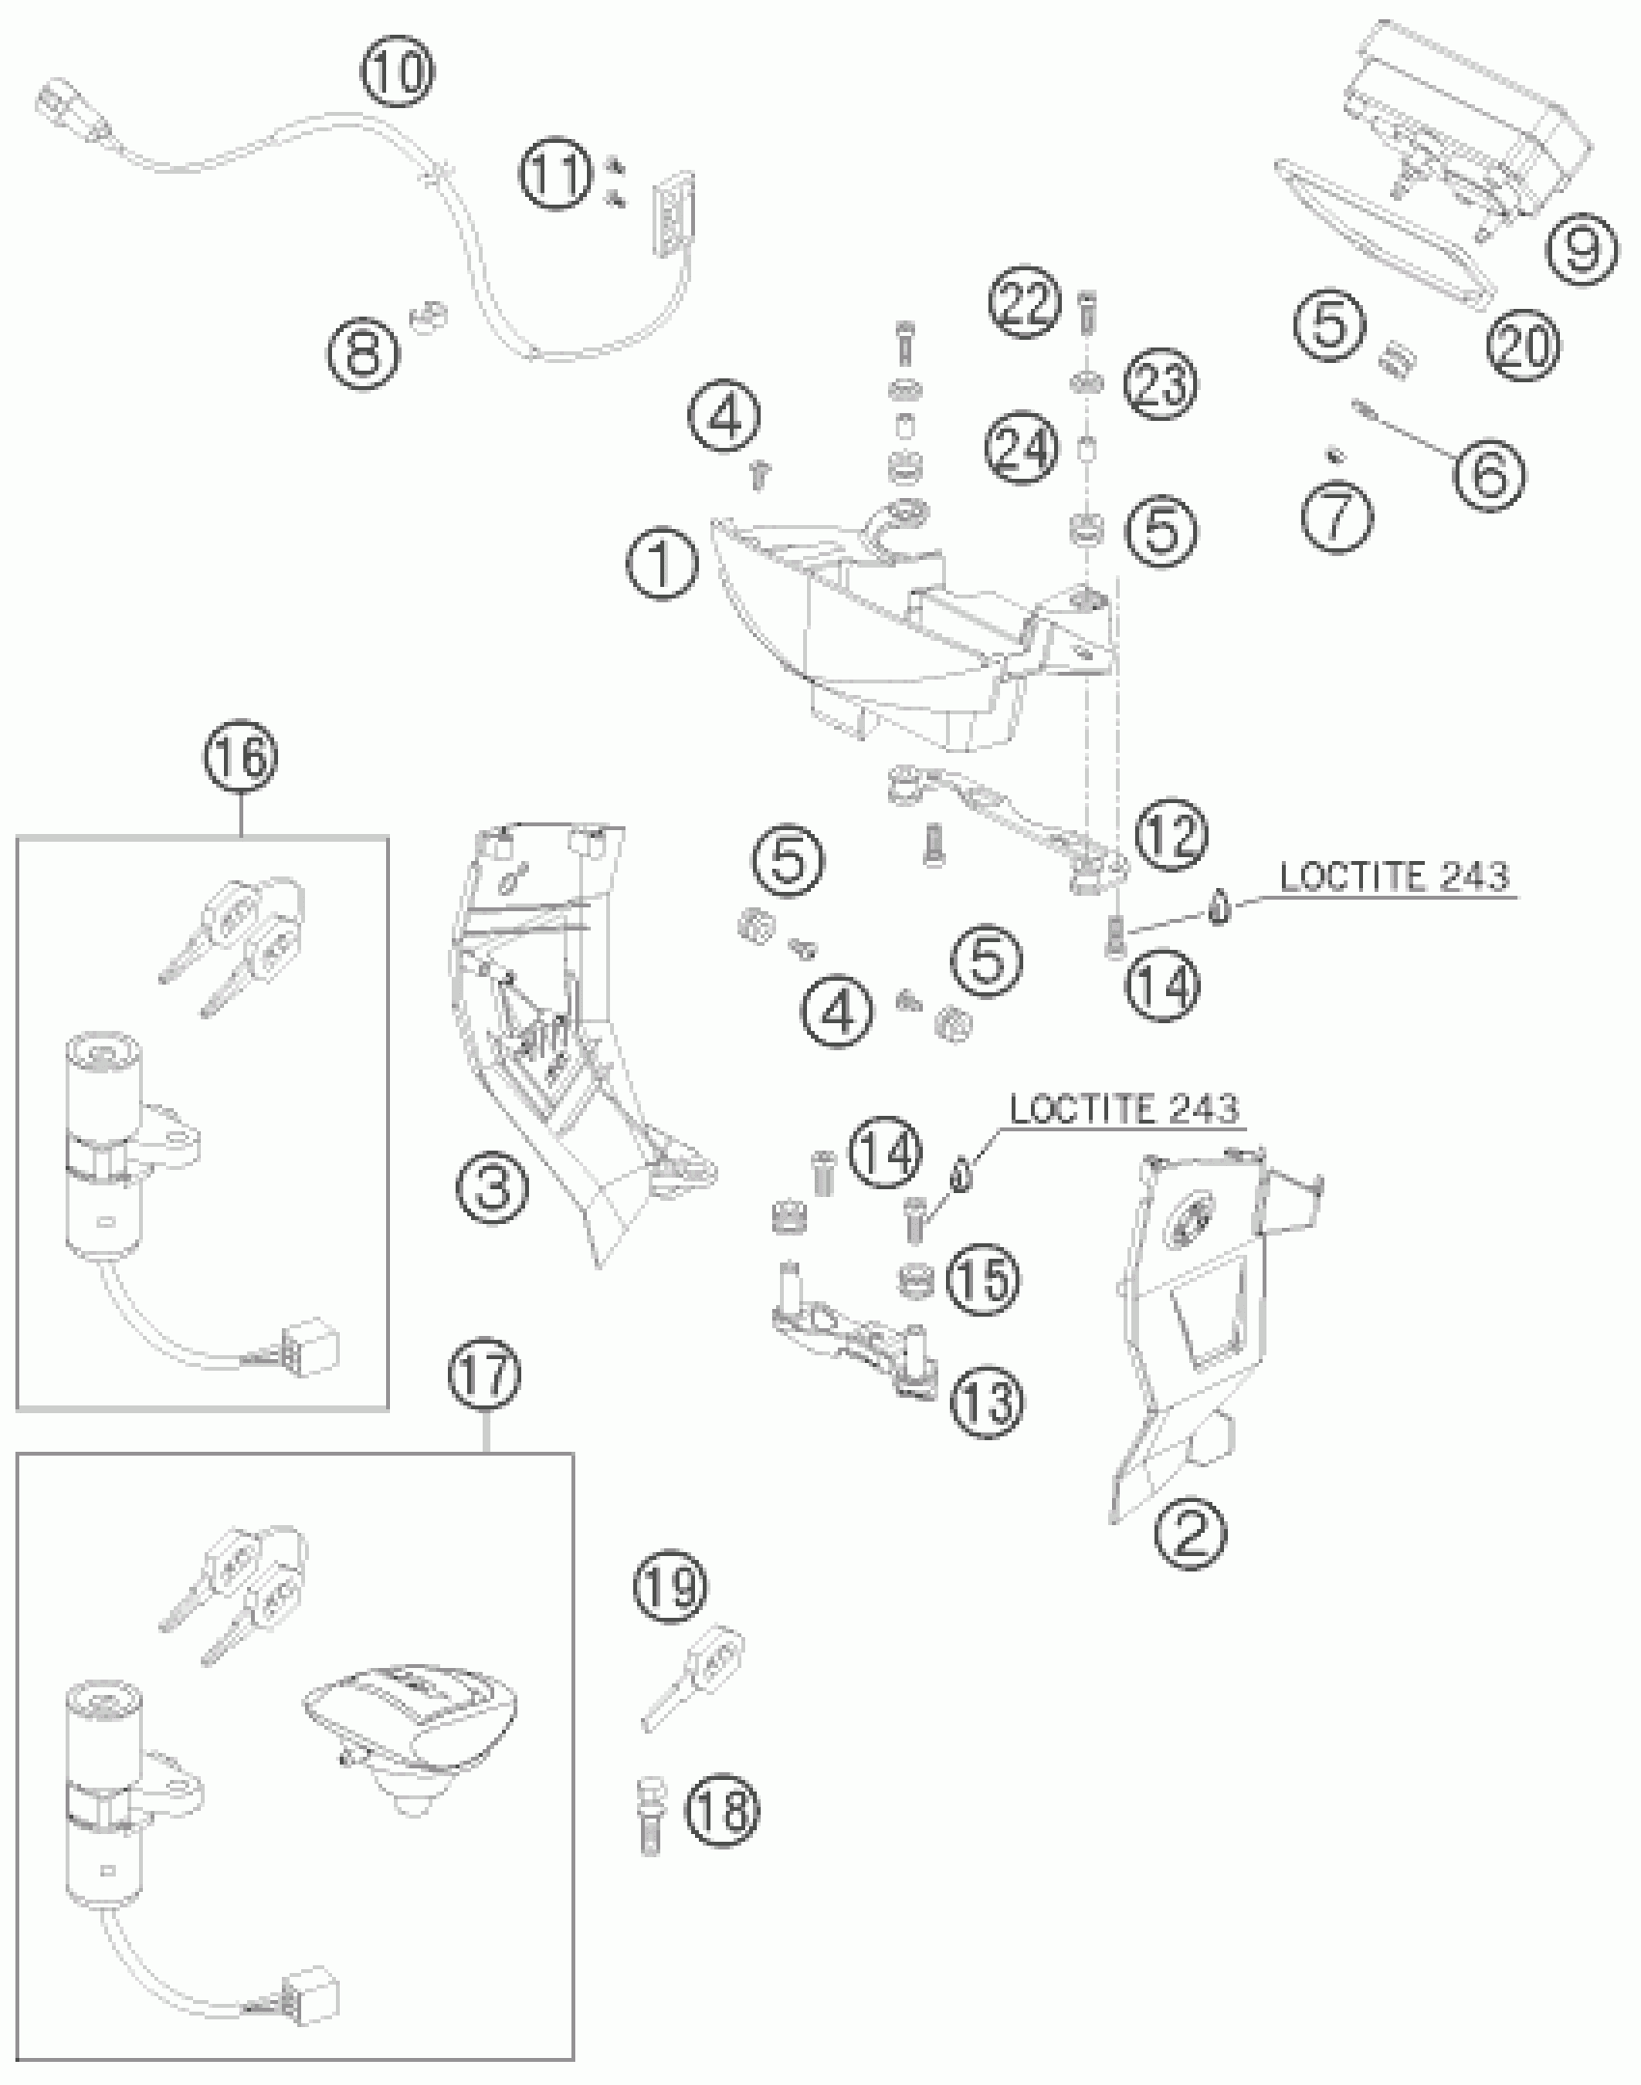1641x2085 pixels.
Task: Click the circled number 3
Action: click(492, 1186)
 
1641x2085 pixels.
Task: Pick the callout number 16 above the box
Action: click(240, 756)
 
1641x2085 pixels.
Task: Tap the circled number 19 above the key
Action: click(670, 1585)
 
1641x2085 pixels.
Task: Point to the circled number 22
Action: click(1025, 303)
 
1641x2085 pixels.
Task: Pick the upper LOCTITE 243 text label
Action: click(1393, 876)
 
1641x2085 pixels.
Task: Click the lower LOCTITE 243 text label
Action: click(1124, 1109)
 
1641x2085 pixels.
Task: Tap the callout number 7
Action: click(1337, 516)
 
